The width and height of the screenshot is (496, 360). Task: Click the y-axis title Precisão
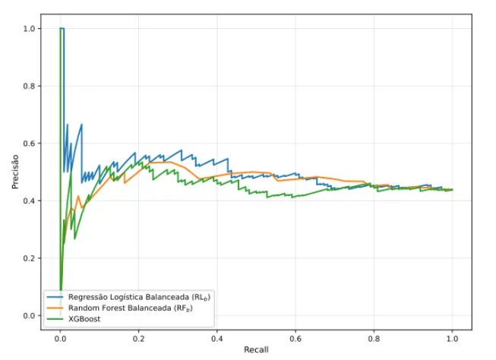click(15, 172)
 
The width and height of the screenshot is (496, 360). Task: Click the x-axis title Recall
click(256, 349)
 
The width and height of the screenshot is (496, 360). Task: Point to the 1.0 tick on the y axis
click(28, 29)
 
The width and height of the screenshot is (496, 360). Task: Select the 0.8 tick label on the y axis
click(28, 86)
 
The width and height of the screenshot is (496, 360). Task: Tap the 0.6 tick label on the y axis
click(28, 144)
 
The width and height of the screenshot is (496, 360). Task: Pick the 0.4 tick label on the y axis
click(28, 201)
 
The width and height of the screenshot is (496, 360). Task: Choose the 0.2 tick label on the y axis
click(28, 258)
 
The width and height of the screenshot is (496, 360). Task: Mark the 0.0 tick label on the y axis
click(28, 316)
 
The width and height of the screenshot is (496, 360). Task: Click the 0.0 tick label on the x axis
click(60, 339)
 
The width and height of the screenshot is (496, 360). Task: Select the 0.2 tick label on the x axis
click(138, 339)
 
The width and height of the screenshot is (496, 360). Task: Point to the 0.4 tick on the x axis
click(217, 339)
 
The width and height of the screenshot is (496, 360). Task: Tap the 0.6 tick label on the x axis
click(295, 339)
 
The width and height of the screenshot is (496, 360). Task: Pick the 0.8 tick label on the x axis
click(374, 339)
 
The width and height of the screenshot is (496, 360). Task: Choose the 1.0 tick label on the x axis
click(453, 339)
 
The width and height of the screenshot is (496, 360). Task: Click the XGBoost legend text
click(84, 319)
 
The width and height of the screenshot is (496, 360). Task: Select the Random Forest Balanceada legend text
click(120, 308)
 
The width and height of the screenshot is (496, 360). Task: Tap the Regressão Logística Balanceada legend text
click(128, 297)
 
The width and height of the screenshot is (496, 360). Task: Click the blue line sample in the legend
click(55, 297)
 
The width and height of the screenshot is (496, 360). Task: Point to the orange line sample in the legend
click(55, 308)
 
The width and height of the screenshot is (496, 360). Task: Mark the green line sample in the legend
click(55, 319)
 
